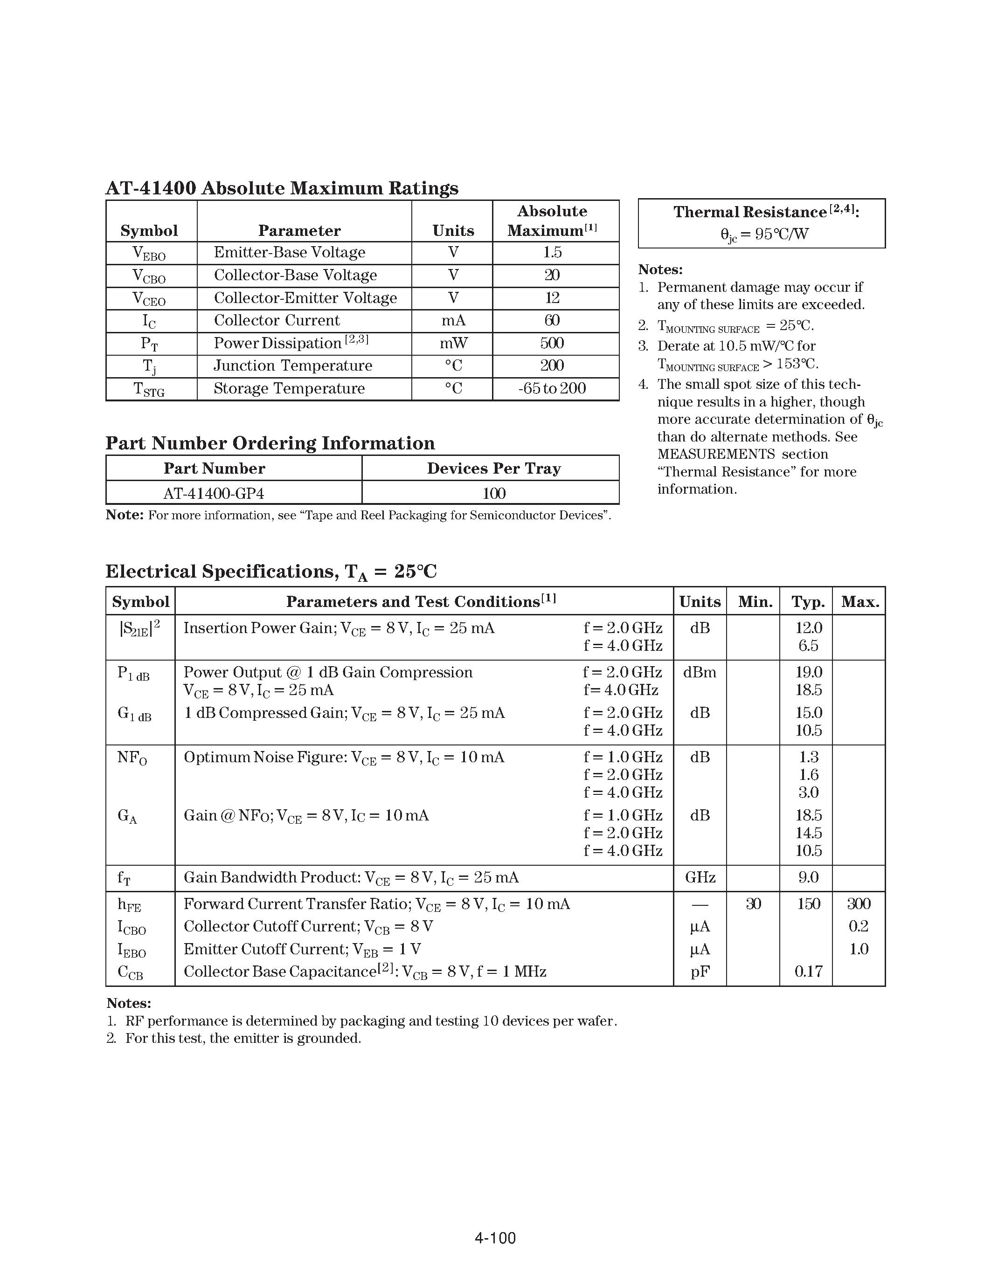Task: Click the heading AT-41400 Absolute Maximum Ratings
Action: (282, 188)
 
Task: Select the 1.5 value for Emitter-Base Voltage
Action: (552, 252)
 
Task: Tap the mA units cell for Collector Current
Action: (453, 321)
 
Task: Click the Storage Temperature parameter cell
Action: (289, 389)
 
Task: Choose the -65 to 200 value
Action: (552, 389)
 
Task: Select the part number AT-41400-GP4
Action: (214, 493)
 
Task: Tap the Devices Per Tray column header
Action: (493, 469)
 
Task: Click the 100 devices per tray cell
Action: (493, 493)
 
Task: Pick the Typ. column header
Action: (808, 602)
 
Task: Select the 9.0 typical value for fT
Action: (808, 877)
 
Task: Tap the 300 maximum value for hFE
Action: (858, 904)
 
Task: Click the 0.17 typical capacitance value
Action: (808, 972)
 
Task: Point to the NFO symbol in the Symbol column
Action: (132, 758)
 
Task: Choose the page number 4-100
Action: (495, 1239)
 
